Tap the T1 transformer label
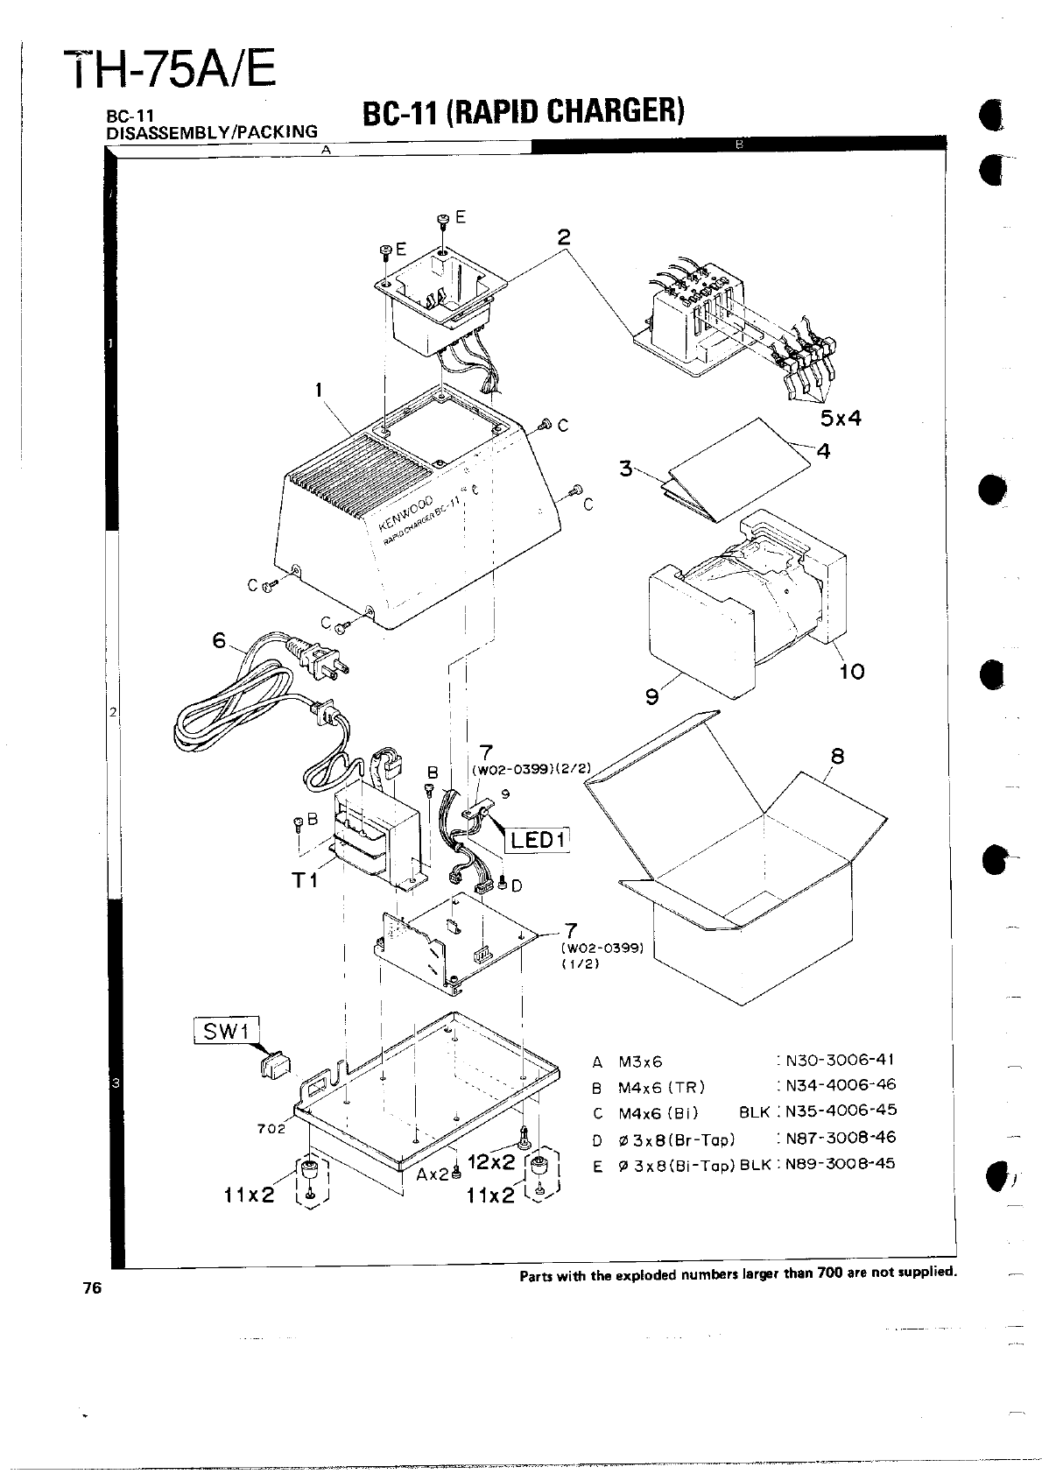click(306, 880)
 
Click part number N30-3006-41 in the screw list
click(840, 1060)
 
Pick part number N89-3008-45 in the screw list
click(840, 1164)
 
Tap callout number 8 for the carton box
click(837, 756)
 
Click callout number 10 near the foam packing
click(851, 672)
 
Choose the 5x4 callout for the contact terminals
click(841, 419)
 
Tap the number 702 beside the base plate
click(271, 1128)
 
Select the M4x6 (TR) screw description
click(661, 1087)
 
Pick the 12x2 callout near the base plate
click(491, 1163)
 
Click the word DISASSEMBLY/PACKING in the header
click(211, 132)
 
